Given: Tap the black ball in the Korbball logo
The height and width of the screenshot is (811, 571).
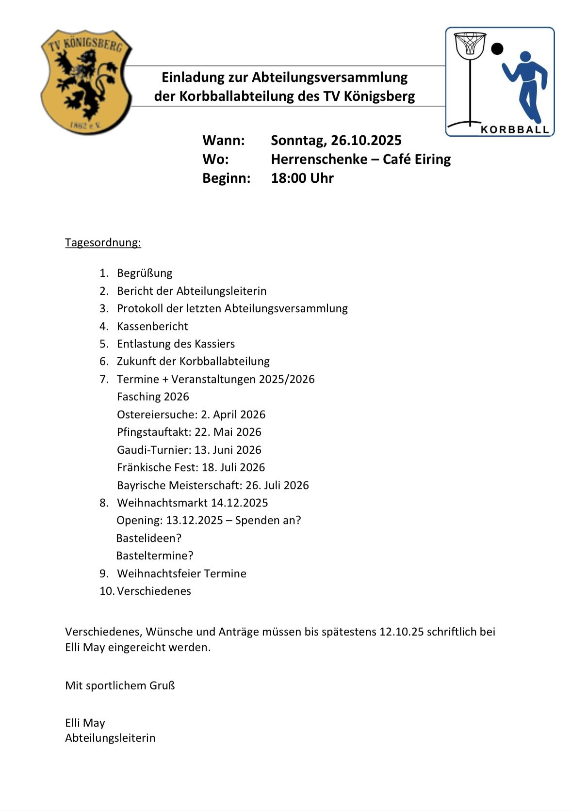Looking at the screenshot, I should [x=497, y=48].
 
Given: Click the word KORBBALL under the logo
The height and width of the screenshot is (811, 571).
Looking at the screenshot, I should [x=514, y=129].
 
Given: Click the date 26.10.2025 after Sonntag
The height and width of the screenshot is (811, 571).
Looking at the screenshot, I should [x=366, y=141].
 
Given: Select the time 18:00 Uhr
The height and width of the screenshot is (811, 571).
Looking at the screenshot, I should [x=302, y=178].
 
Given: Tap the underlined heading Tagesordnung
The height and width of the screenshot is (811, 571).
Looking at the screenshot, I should [x=103, y=242].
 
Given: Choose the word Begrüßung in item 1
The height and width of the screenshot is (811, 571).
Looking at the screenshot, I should [x=145, y=273].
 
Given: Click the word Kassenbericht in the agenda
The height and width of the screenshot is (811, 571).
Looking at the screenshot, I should [x=152, y=326].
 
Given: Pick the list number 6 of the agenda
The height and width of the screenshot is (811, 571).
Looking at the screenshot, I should [x=104, y=362].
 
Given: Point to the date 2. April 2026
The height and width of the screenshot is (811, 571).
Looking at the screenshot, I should [x=233, y=414].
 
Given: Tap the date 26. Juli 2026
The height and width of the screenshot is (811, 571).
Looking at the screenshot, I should [x=277, y=485].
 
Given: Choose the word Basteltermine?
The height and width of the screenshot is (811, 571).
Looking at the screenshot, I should [x=155, y=556].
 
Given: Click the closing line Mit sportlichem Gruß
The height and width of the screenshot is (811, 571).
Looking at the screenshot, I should [x=120, y=685].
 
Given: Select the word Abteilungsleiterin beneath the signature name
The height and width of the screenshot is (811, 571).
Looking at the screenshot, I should [x=110, y=738].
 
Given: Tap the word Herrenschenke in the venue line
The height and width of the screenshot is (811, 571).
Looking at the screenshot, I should [x=319, y=159].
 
